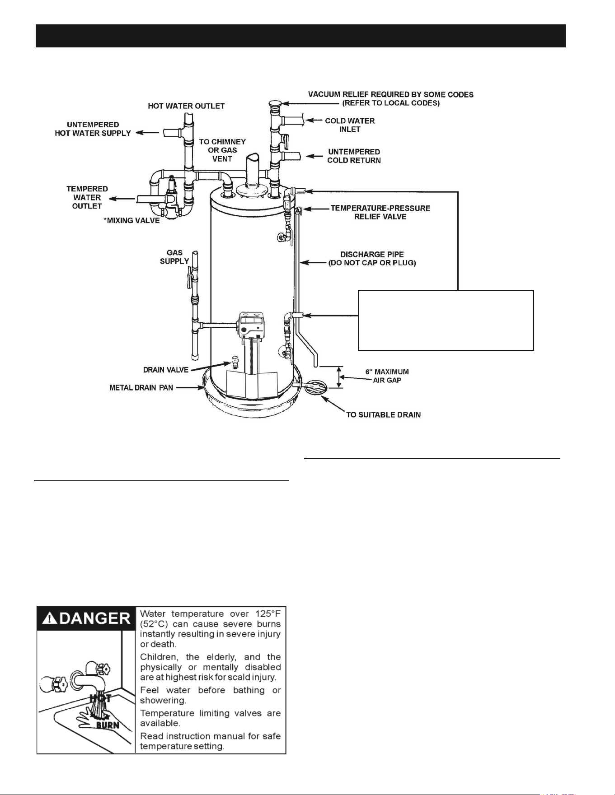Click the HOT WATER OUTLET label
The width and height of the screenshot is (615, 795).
pyautogui.click(x=186, y=106)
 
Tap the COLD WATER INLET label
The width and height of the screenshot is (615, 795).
pyautogui.click(x=350, y=125)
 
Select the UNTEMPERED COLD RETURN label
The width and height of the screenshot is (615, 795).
pyautogui.click(x=354, y=156)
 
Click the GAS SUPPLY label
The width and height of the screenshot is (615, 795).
pyautogui.click(x=174, y=257)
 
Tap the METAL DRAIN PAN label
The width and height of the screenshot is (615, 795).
pyautogui.click(x=141, y=388)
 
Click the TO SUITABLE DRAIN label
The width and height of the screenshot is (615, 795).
pyautogui.click(x=384, y=415)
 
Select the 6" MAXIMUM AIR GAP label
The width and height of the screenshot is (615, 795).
pyautogui.click(x=387, y=376)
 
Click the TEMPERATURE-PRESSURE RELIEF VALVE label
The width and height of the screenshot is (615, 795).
pyautogui.click(x=380, y=212)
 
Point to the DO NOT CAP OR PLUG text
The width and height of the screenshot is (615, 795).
pyautogui.click(x=372, y=263)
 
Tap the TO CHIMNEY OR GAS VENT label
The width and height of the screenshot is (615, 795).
pyautogui.click(x=222, y=150)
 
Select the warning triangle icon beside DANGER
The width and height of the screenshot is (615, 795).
pyautogui.click(x=47, y=618)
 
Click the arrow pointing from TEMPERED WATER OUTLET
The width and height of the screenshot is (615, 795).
pyautogui.click(x=123, y=199)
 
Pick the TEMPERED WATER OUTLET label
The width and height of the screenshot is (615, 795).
pyautogui.click(x=87, y=197)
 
